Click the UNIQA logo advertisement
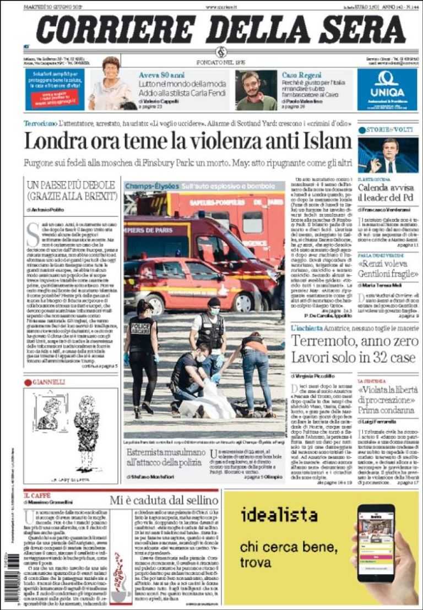click(x=387, y=90)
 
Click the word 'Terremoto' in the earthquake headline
click(x=327, y=341)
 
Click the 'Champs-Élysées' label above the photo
click(x=148, y=187)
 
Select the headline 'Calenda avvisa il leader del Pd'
click(x=387, y=193)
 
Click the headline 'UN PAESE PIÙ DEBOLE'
click(x=71, y=185)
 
